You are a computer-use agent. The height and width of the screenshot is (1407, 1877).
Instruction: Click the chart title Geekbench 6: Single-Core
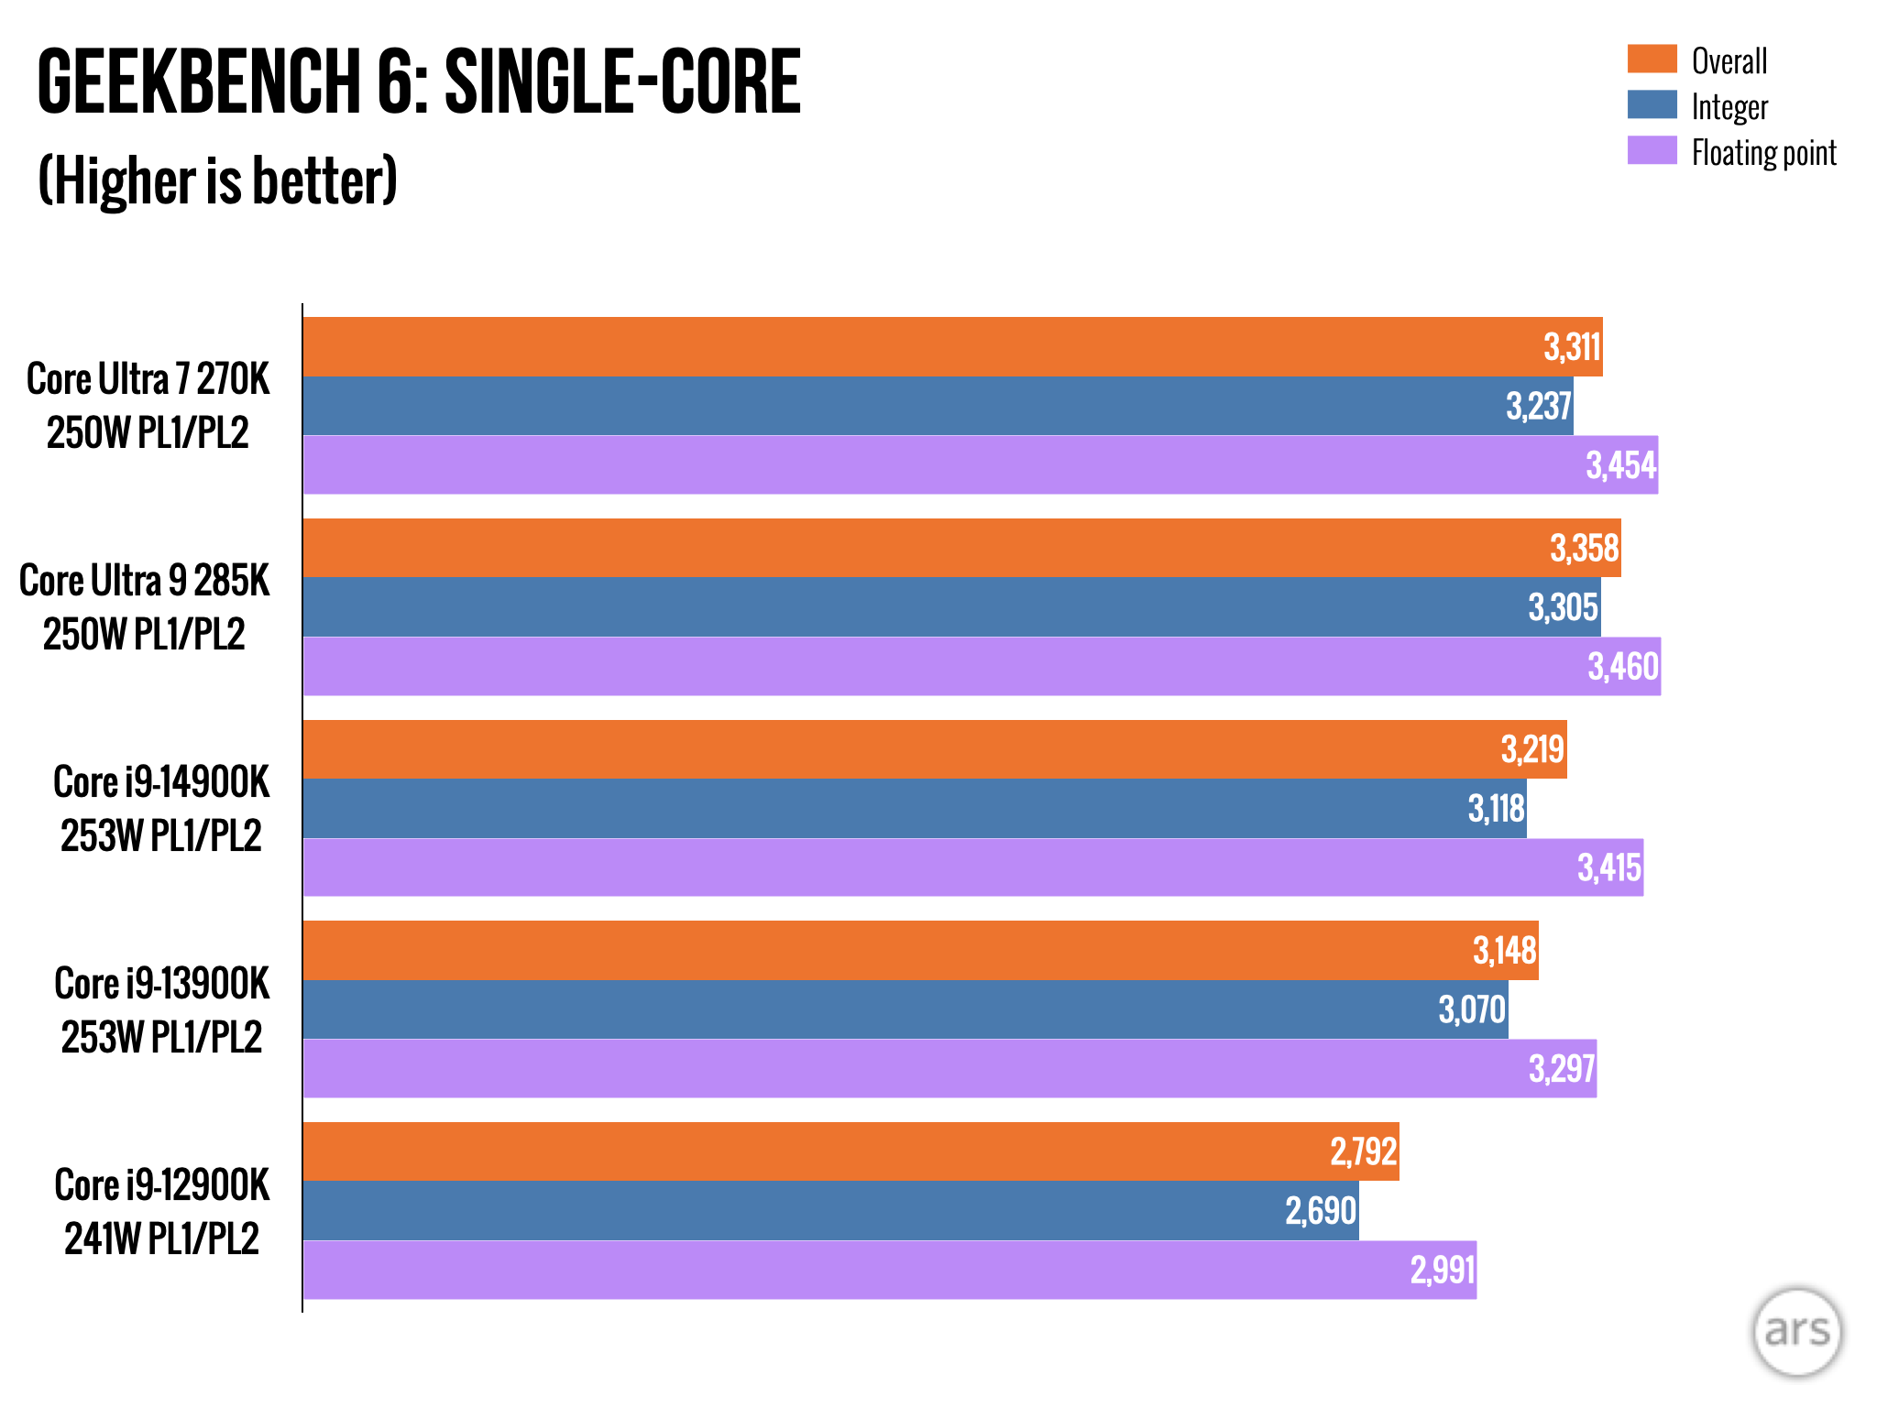(419, 82)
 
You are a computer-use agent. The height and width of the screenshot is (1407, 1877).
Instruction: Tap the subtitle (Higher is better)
(218, 180)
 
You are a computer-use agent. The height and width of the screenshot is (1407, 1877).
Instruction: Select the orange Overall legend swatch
(1652, 60)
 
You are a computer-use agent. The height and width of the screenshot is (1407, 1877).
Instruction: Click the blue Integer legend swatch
(1652, 105)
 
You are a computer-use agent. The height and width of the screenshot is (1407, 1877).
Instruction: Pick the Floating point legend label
(1763, 153)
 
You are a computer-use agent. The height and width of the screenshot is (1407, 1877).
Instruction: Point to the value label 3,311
(1572, 347)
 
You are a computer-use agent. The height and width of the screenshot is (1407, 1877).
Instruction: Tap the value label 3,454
(1620, 465)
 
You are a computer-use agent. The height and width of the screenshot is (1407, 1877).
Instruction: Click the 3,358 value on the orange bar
(1584, 549)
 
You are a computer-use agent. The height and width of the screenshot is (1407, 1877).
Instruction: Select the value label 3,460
(1623, 667)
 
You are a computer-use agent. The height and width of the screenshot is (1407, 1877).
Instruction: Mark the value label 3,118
(1496, 809)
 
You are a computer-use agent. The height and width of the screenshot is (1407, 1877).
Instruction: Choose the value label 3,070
(1471, 1010)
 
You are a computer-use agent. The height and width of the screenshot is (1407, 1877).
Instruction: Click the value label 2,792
(1363, 1152)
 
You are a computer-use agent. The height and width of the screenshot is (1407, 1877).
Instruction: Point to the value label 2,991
(1442, 1271)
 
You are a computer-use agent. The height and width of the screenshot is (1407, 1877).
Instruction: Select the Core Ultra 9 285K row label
(145, 607)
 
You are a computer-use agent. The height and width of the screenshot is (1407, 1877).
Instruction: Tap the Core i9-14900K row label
(161, 809)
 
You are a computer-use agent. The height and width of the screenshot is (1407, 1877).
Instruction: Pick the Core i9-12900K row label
(162, 1211)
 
